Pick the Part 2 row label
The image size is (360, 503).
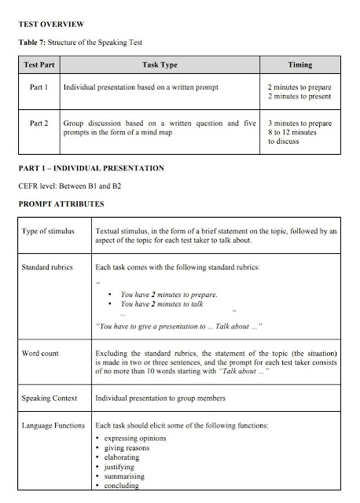click(39, 123)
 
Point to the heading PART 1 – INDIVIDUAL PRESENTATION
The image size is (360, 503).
click(91, 168)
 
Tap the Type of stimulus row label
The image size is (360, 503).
click(53, 232)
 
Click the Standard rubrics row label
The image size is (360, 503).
click(53, 268)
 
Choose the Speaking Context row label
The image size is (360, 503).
click(54, 398)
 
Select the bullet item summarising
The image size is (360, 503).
click(127, 476)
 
